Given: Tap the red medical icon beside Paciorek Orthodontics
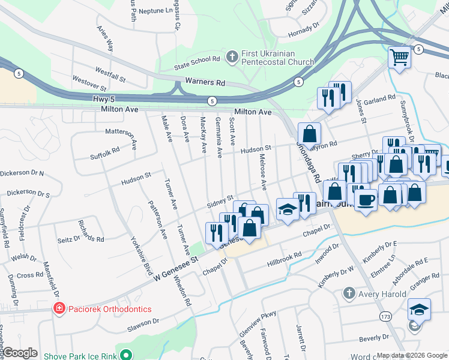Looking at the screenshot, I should [59, 309].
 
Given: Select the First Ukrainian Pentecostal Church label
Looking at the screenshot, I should [278, 58].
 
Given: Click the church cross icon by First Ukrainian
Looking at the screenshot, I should [232, 58].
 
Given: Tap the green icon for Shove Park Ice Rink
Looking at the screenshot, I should [125, 354].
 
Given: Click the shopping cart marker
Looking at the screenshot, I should [399, 58].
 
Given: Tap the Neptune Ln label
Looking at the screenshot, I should [155, 11].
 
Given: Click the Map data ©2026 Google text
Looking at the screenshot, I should [411, 355].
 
